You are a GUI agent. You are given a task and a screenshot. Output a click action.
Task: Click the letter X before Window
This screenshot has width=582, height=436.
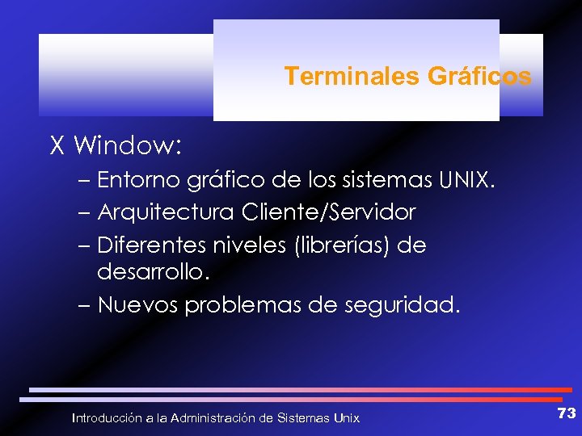click(x=57, y=146)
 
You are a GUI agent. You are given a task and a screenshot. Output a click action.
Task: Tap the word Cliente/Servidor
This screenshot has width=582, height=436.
click(x=328, y=212)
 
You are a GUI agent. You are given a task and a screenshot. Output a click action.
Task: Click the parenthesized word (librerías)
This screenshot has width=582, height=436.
click(x=335, y=245)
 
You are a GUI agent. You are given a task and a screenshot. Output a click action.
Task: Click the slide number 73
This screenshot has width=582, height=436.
click(x=566, y=413)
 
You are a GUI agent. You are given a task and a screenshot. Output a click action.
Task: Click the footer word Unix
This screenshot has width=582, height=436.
click(x=346, y=418)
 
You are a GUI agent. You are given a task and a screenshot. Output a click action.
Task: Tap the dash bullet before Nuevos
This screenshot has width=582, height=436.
click(x=86, y=306)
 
